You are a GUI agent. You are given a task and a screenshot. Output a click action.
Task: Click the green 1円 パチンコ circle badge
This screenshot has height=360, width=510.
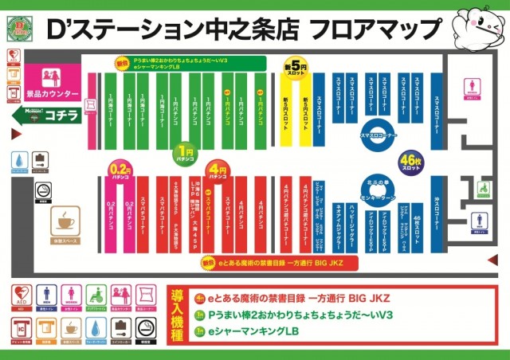(x=186, y=151)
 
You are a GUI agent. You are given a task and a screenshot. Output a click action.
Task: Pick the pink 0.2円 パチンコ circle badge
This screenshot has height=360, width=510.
(x=120, y=169)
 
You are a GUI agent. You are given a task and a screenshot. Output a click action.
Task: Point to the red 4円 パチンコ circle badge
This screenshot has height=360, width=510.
(x=216, y=170)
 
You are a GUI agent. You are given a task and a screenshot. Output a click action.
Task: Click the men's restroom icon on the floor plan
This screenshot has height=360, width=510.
(x=478, y=221)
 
